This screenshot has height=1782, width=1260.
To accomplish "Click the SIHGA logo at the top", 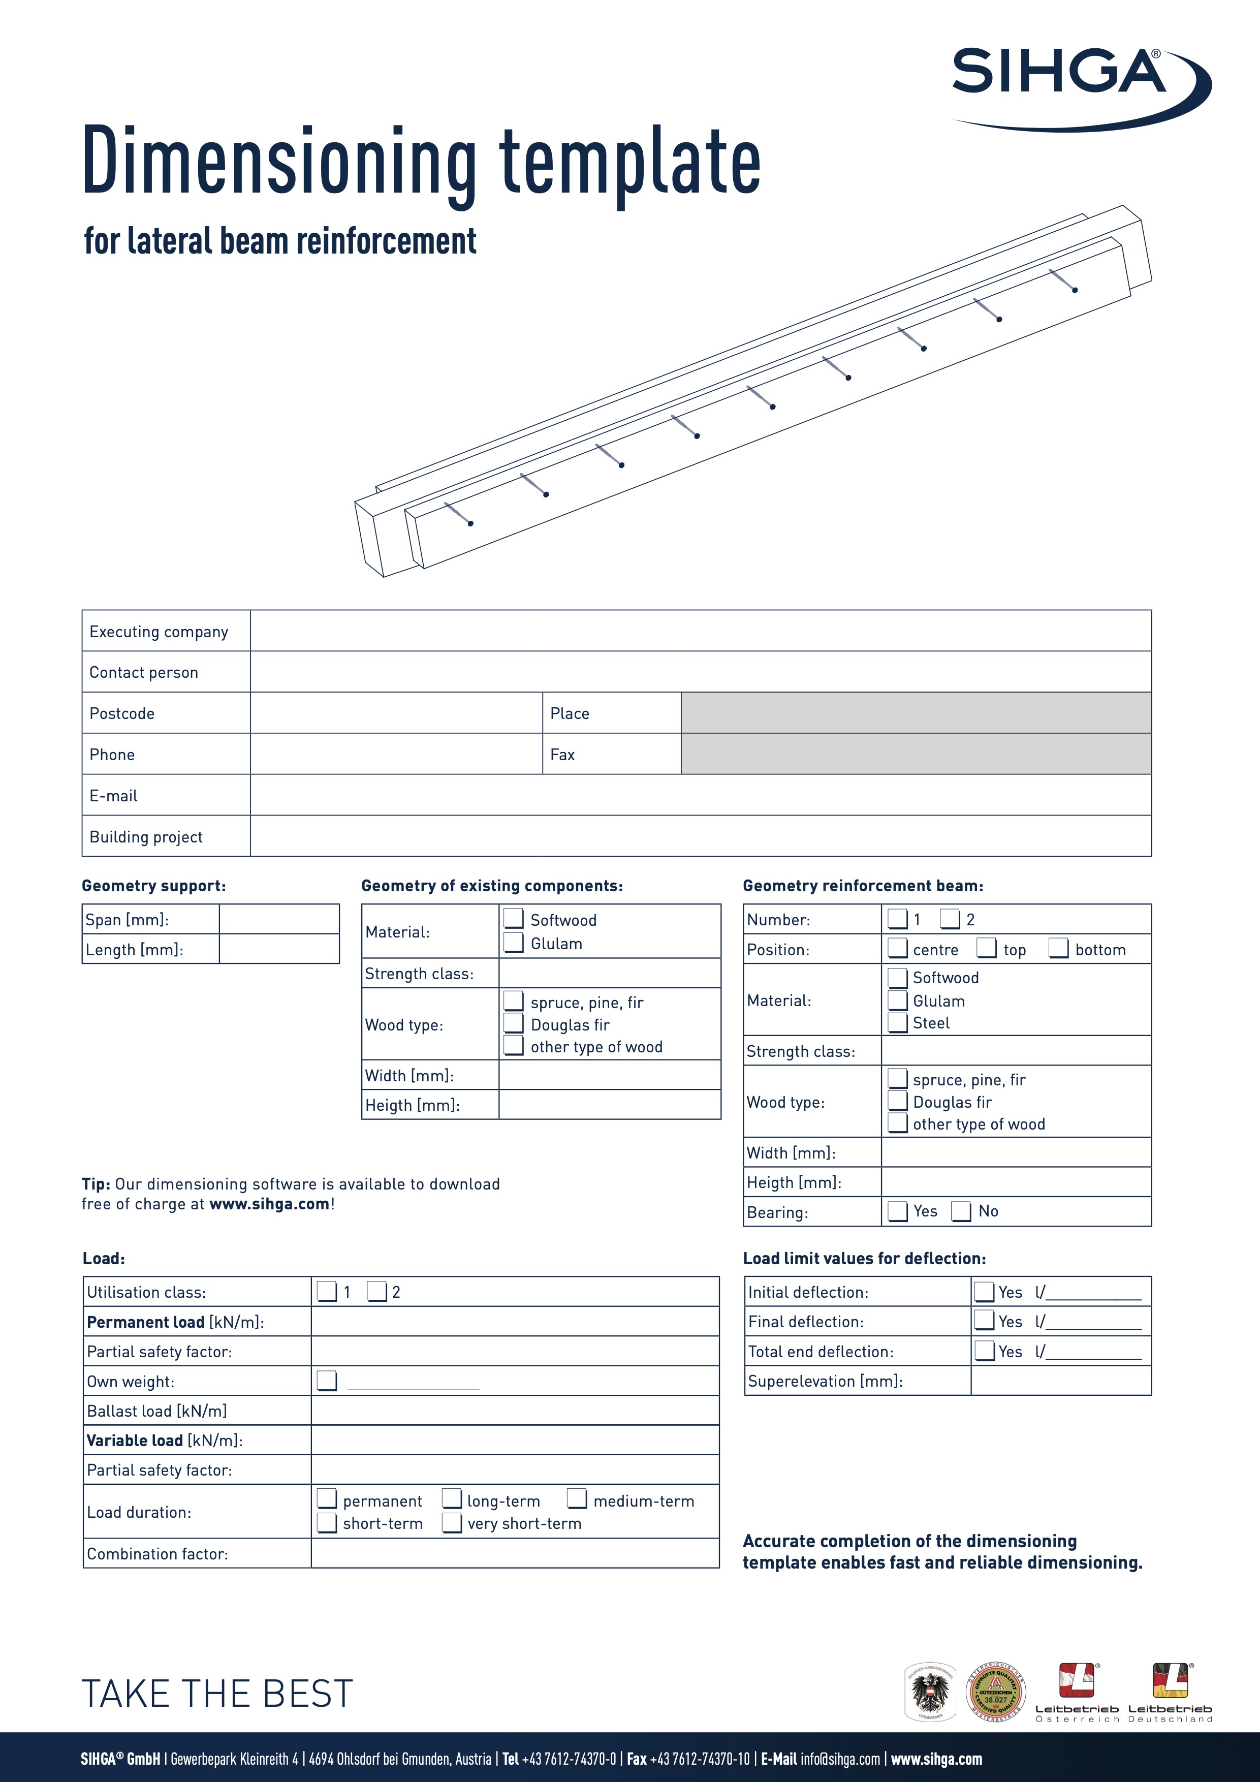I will coord(1079,85).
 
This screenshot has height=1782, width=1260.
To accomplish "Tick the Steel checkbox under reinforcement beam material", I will coord(898,1023).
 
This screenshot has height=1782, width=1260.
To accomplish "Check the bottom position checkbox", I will coord(1059,949).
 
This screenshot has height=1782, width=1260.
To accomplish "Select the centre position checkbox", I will coord(898,949).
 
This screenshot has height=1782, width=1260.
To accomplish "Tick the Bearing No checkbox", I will coord(961,1211).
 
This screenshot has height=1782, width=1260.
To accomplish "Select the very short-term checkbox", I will coord(452,1523).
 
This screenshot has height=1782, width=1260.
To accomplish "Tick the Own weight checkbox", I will coord(327,1381).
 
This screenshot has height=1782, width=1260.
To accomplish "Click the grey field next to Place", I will coord(916,712).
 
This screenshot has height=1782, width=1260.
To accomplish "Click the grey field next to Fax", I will coord(916,754).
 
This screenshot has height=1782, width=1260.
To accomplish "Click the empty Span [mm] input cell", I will coord(279,919).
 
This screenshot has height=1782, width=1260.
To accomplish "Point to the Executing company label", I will coord(159,632).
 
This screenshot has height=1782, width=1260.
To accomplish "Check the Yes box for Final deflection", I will coord(985,1320).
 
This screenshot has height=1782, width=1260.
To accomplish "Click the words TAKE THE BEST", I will coord(217,1694).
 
